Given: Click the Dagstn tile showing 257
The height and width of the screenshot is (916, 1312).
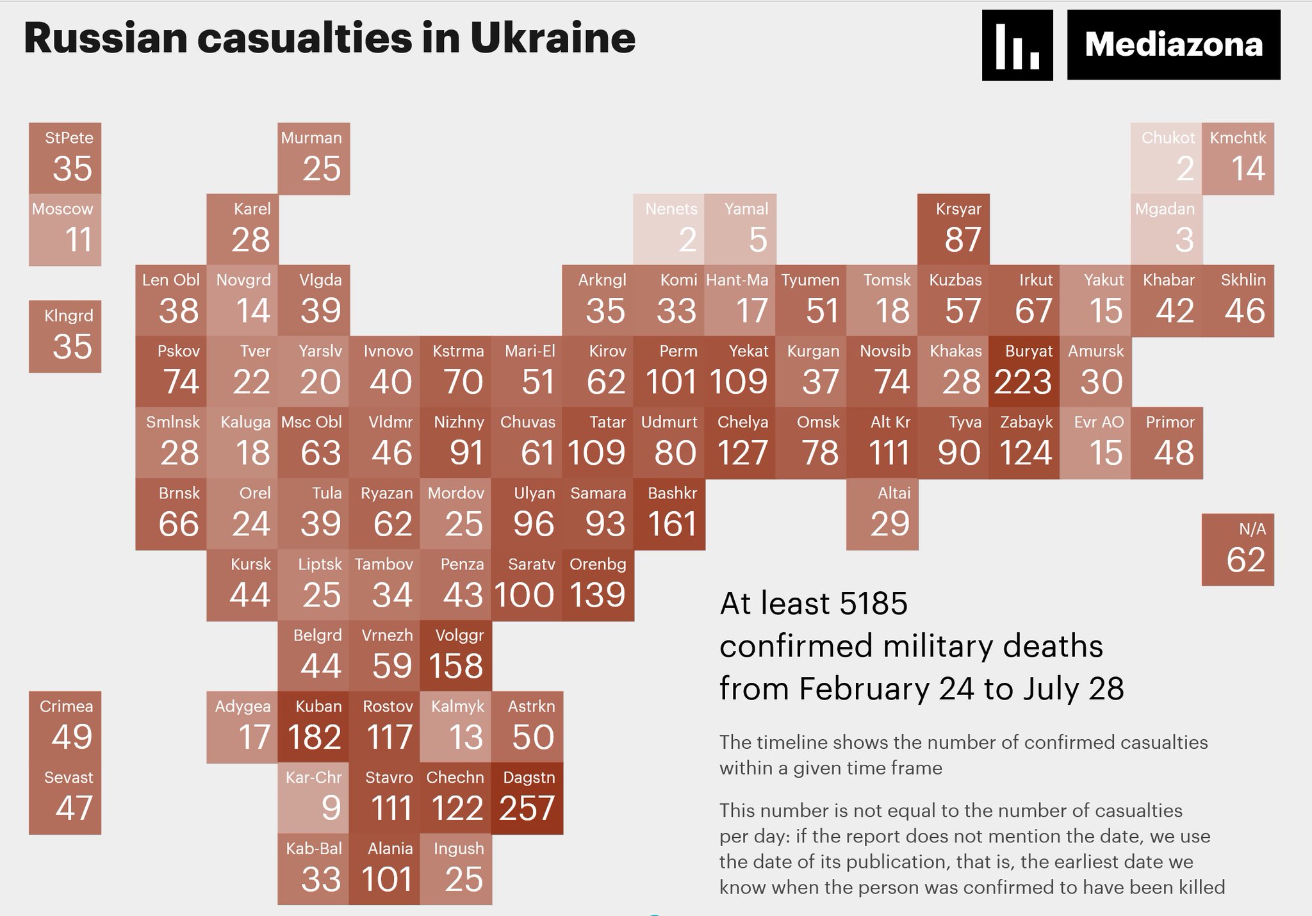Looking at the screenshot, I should click(x=527, y=798).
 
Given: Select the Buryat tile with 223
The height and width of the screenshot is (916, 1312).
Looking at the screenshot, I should click(x=1024, y=372).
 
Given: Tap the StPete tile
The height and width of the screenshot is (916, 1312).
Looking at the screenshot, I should click(x=65, y=158).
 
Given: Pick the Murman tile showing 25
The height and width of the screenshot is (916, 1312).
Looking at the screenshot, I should click(x=314, y=158).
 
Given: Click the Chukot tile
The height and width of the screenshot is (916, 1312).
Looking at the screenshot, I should click(x=1166, y=158).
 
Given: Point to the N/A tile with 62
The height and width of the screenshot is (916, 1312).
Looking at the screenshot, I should click(x=1238, y=550).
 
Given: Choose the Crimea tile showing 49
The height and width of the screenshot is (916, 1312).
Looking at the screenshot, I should click(x=65, y=727).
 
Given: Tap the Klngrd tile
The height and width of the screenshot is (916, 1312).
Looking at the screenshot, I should click(x=65, y=336).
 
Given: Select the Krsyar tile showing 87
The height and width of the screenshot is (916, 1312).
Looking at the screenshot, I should click(x=953, y=229).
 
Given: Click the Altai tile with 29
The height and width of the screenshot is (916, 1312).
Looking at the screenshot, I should click(x=882, y=514).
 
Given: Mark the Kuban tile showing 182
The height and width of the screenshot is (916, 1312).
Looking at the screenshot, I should click(x=314, y=727).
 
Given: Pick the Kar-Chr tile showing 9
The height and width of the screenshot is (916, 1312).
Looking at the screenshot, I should click(x=314, y=798).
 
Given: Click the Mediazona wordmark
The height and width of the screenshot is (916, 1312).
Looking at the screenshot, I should click(x=1174, y=45).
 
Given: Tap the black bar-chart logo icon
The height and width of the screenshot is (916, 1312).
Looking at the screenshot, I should click(x=1017, y=45).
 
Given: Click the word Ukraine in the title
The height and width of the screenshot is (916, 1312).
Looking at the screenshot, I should click(x=553, y=38).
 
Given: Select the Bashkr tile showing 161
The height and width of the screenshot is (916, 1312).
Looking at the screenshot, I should click(x=669, y=514).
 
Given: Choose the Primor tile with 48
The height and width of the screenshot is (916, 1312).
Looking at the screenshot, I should click(x=1167, y=443).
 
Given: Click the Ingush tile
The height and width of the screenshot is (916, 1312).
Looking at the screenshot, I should click(x=455, y=869).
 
